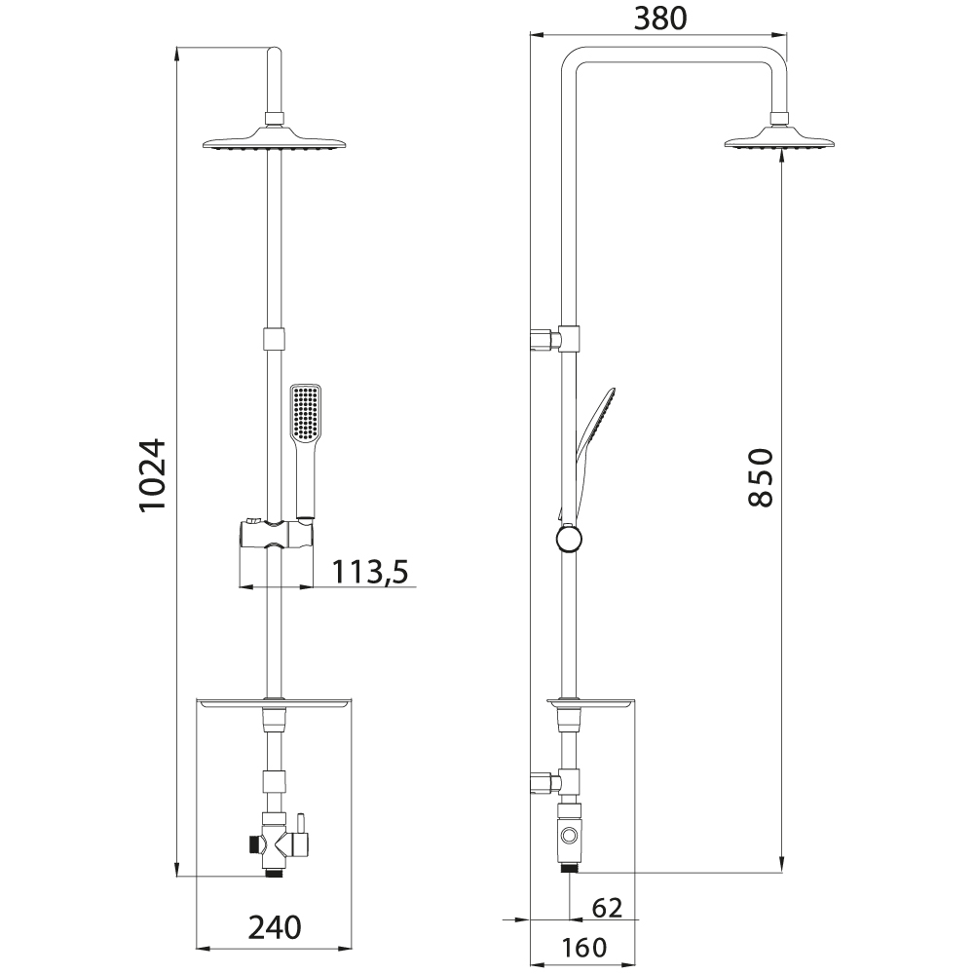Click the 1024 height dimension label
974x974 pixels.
(153, 474)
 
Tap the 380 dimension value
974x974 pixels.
(660, 19)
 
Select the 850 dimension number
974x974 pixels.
(761, 477)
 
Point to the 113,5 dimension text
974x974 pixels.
(370, 572)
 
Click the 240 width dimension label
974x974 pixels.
(275, 927)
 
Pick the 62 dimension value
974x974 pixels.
(607, 908)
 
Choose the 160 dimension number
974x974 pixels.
(583, 948)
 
